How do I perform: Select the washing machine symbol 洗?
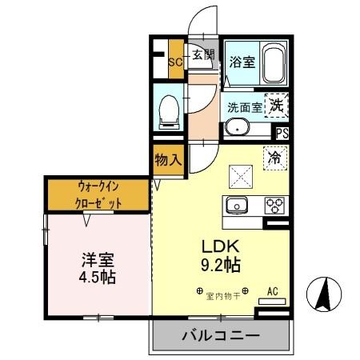tap(277, 104)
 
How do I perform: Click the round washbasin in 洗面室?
tap(237, 128)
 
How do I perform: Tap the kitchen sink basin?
tap(238, 206)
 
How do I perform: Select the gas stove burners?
tap(275, 205)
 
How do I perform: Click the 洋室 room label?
tap(98, 260)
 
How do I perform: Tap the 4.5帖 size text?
tap(98, 278)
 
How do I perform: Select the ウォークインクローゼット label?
tap(99, 194)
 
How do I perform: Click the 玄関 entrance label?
tap(203, 54)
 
